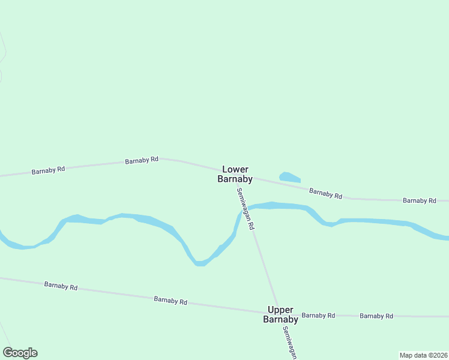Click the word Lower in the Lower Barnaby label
[x=235, y=170]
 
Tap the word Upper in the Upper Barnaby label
[x=280, y=310]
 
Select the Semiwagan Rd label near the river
[x=246, y=209]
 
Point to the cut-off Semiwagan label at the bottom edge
[x=290, y=343]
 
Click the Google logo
[x=20, y=353]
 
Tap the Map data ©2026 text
[x=423, y=355]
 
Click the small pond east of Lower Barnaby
[x=289, y=178]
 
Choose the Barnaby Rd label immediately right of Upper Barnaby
[x=318, y=315]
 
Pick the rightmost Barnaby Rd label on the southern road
[x=376, y=316]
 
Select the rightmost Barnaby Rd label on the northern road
[x=420, y=200]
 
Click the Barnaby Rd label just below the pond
[x=325, y=193]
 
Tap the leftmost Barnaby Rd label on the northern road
[x=48, y=170]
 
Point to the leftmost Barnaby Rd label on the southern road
[x=61, y=286]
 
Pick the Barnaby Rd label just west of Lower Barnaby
[x=142, y=160]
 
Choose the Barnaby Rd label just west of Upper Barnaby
[x=170, y=300]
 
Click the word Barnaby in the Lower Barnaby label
[x=235, y=179]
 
